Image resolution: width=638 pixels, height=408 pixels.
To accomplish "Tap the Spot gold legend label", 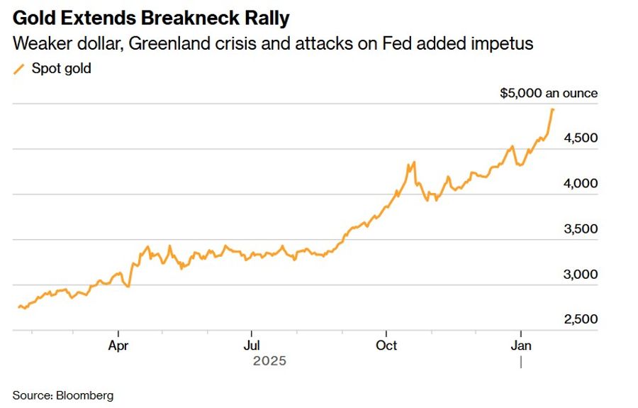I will pyautogui.click(x=62, y=69).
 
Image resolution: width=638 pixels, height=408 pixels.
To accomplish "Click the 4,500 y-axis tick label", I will pyautogui.click(x=581, y=138).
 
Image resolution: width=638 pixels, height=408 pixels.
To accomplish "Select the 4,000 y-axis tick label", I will pyautogui.click(x=581, y=183).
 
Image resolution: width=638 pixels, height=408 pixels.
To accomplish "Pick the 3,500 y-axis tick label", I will pyautogui.click(x=581, y=229).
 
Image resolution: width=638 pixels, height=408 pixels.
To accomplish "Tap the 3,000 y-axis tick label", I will pyautogui.click(x=581, y=275).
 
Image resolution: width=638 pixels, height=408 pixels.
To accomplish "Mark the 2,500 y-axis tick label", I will pyautogui.click(x=581, y=319).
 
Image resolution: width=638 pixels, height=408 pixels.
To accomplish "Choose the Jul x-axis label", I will pyautogui.click(x=251, y=346).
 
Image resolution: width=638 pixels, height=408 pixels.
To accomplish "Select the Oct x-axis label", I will pyautogui.click(x=386, y=346).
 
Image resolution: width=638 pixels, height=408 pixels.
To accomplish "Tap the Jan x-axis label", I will pyautogui.click(x=521, y=346).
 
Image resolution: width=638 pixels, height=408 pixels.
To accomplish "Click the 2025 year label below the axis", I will pyautogui.click(x=269, y=360).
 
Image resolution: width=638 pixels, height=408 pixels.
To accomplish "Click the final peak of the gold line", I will pyautogui.click(x=553, y=109).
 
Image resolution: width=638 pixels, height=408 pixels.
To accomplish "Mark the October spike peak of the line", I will pyautogui.click(x=413, y=162).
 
